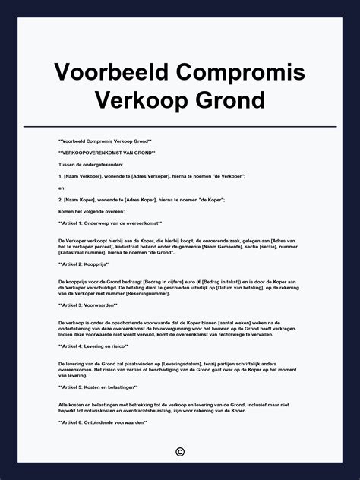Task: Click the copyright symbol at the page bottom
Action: [180, 452]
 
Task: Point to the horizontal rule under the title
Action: [180, 126]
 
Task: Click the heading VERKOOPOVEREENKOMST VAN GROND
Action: [102, 153]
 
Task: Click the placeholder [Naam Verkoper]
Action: [82, 175]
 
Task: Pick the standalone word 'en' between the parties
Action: [61, 188]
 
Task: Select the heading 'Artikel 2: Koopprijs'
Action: [84, 264]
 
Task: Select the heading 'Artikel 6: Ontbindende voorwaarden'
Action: [103, 422]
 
